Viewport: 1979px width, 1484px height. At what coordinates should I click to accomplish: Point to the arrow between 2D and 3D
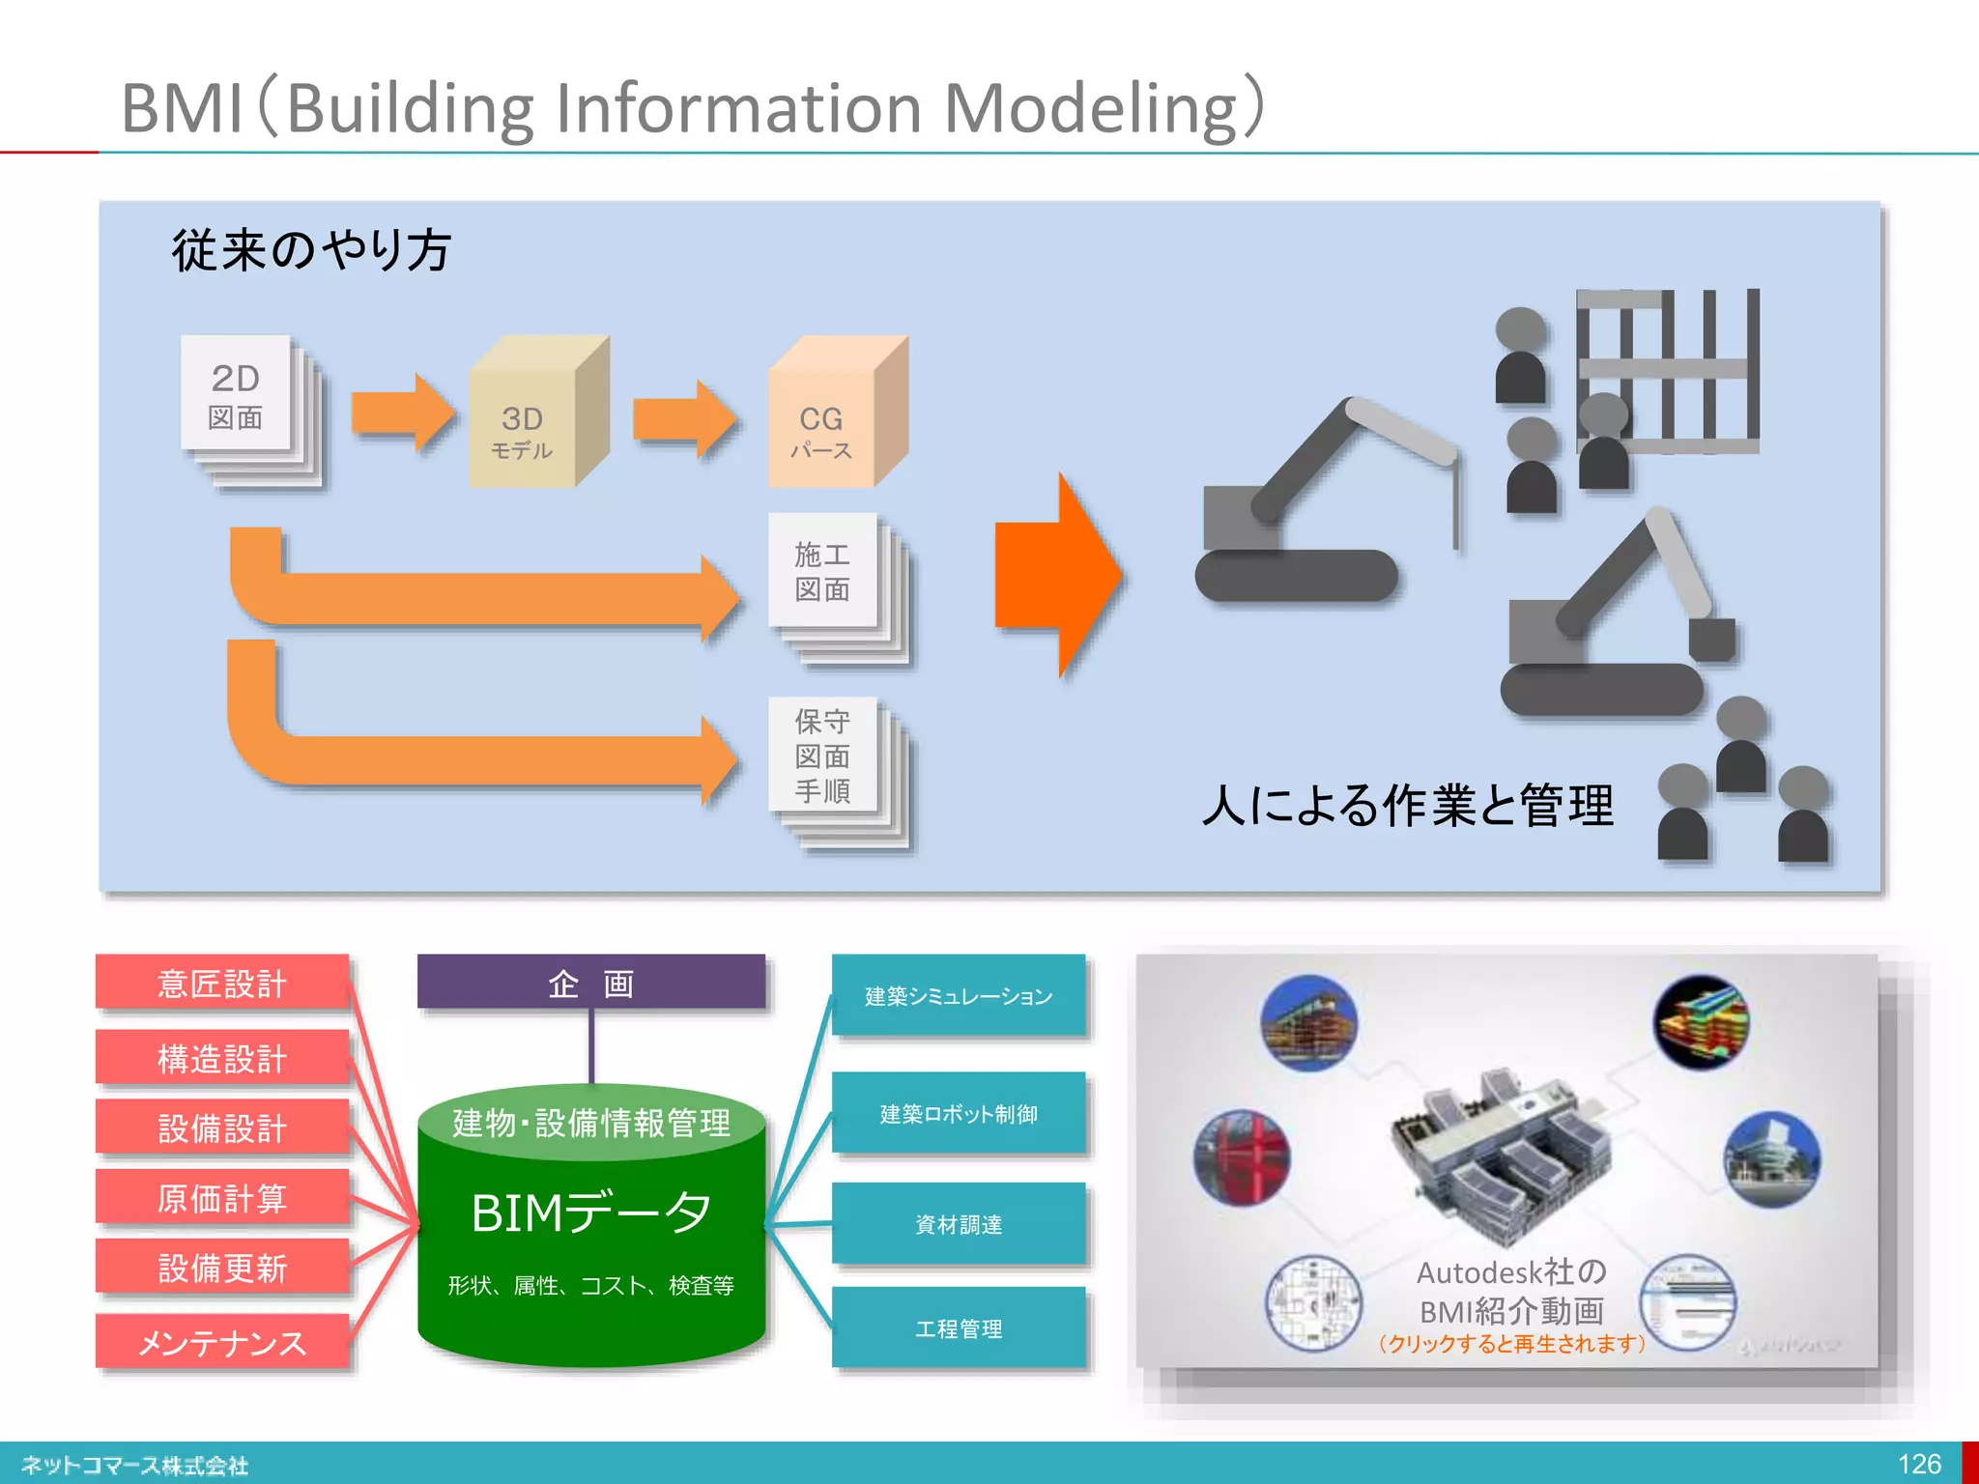tap(402, 413)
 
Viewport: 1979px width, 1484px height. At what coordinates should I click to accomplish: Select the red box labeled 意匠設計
tap(222, 984)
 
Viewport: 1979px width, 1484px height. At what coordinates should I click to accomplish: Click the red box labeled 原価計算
tap(222, 1198)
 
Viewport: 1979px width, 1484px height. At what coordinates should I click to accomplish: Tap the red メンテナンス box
tap(222, 1342)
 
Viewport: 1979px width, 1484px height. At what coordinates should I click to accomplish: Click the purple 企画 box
tap(590, 983)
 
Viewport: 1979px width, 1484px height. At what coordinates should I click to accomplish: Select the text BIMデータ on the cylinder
tap(590, 1213)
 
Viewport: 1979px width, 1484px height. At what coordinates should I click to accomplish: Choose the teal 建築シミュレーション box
tap(958, 995)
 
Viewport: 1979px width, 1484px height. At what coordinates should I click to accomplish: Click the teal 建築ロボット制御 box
tap(958, 1113)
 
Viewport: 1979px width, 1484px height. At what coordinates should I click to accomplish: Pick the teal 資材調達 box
tap(958, 1224)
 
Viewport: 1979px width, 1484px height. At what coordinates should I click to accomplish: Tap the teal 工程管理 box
tap(958, 1328)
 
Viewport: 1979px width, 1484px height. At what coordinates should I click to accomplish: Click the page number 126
tap(1918, 1464)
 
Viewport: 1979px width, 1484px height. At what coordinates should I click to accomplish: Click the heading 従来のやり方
tap(311, 250)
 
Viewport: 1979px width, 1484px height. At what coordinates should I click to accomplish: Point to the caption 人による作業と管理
tap(1407, 805)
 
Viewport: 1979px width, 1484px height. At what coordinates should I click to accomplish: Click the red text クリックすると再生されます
tap(1511, 1343)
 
